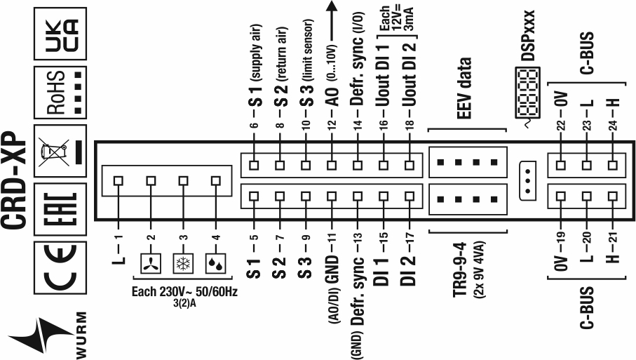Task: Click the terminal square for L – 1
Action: click(x=119, y=180)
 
